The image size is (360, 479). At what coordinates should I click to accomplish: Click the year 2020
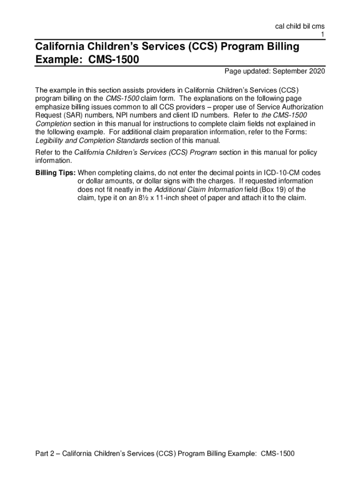tap(316, 72)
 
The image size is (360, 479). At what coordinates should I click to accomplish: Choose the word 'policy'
tap(307, 152)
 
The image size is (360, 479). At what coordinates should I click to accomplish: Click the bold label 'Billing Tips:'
tap(55, 173)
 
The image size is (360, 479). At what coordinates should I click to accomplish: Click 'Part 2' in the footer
tap(45, 454)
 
